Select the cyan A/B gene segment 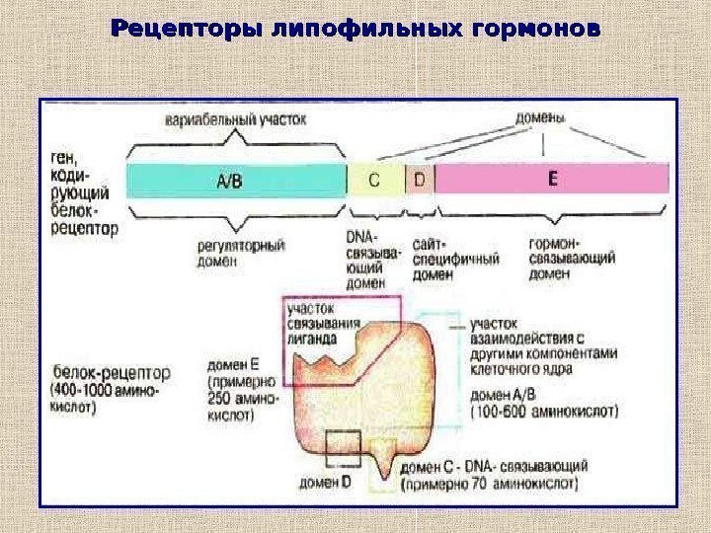coord(235,181)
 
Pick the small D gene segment coord(420,181)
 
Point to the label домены coord(540,117)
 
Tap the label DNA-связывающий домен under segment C coord(374,260)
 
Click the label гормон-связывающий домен coord(572,260)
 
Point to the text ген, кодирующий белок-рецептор coord(81,193)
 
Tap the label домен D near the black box coord(326,483)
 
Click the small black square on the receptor coord(345,450)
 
